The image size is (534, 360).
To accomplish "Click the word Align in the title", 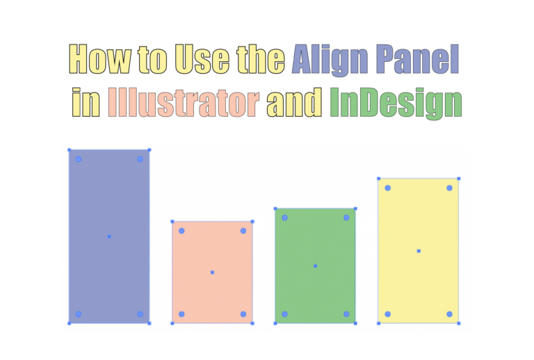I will tap(330, 60).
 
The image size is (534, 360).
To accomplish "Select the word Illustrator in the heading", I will tap(184, 103).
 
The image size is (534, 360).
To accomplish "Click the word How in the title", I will tap(99, 60).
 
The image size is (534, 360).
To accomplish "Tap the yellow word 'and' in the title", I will tap(296, 103).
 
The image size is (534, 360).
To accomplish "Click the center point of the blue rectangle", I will tap(109, 236).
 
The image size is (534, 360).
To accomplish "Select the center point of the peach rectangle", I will tap(212, 272).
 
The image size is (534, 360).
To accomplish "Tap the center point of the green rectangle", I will tap(315, 265).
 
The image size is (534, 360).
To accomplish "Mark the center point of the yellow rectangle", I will tap(419, 251).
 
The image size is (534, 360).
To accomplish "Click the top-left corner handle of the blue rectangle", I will tap(69, 149).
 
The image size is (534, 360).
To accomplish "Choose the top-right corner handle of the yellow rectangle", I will tap(459, 179).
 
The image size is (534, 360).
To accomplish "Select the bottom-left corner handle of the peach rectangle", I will tap(172, 323).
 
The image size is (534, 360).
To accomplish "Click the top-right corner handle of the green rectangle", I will tap(355, 208).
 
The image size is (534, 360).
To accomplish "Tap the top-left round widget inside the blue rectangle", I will tap(79, 159).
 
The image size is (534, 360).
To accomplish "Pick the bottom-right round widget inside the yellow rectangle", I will tap(449, 314).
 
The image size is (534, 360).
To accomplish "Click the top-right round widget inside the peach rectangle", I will tap(243, 231).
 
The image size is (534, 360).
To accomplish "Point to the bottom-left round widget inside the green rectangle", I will tap(284, 314).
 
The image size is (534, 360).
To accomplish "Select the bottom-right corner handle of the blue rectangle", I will tap(149, 323).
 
